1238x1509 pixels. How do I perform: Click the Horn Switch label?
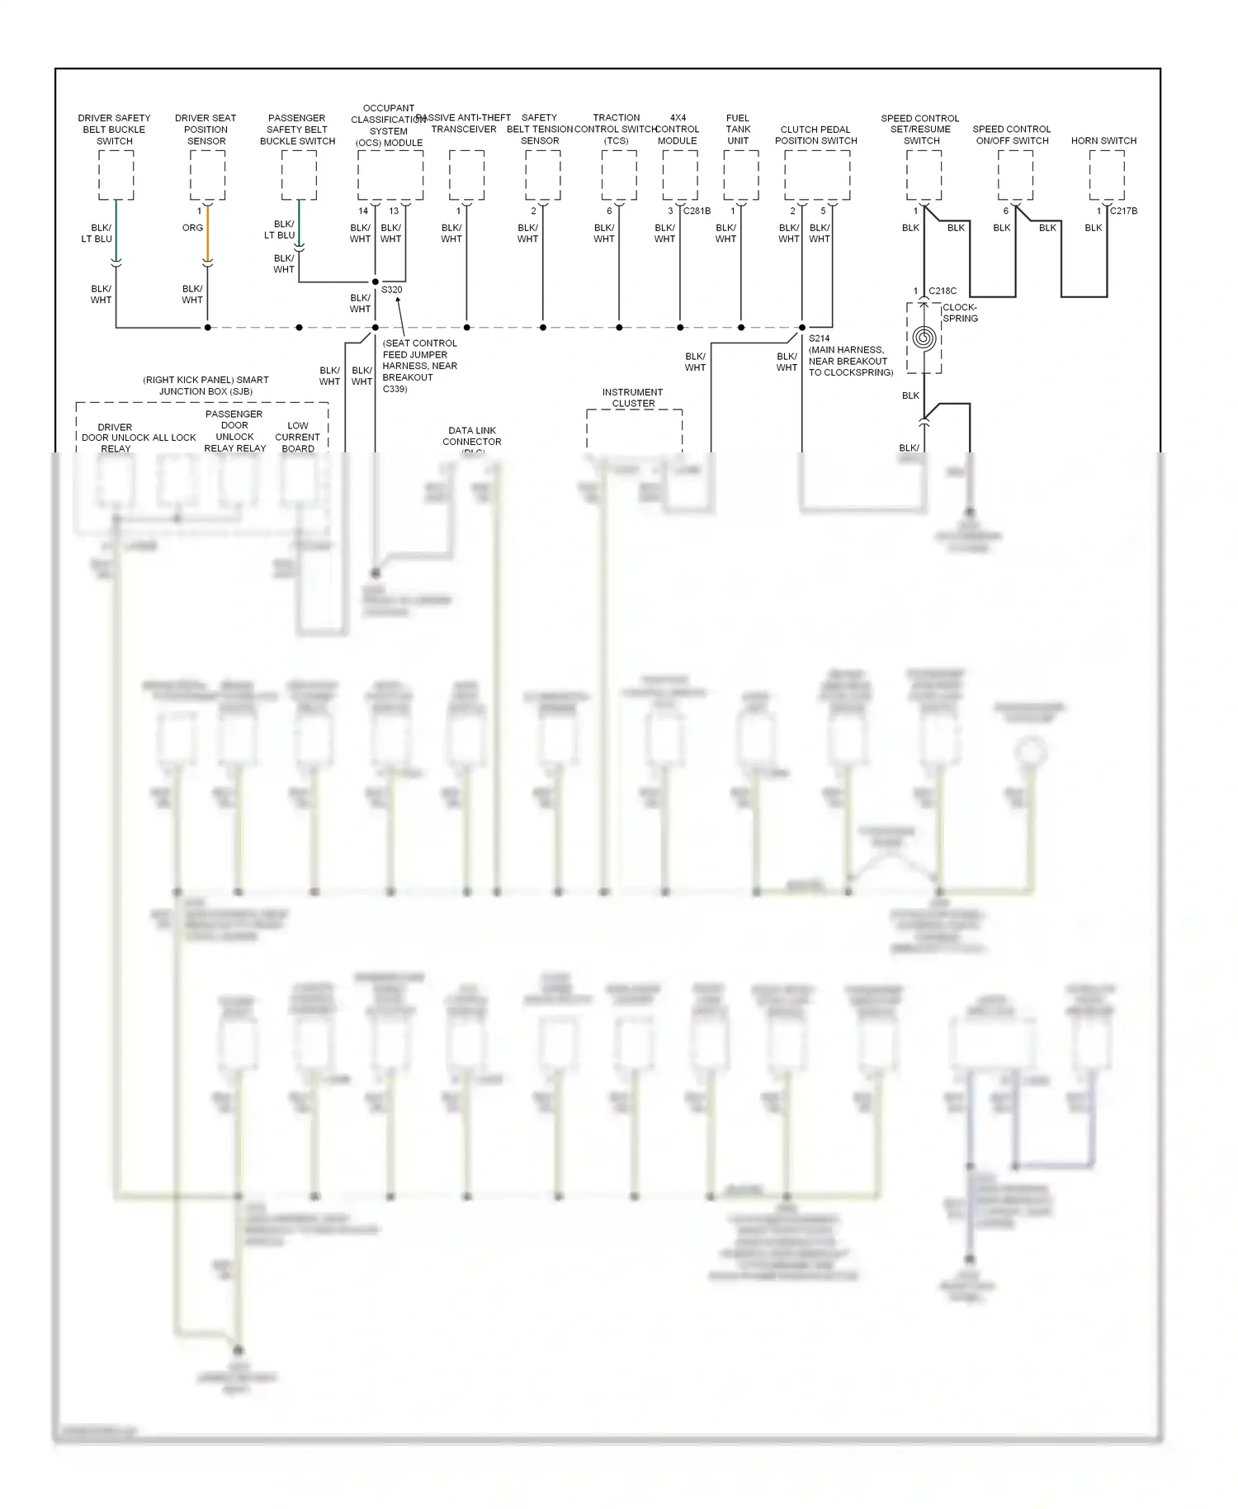tap(1103, 140)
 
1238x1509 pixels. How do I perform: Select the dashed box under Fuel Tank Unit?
tap(740, 175)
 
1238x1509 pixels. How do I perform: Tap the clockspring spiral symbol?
tap(924, 338)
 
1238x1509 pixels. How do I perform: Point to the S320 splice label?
tap(392, 290)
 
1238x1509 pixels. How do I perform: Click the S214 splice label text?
tap(819, 338)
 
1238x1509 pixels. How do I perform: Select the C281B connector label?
tap(697, 211)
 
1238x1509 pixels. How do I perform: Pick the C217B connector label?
tap(1123, 211)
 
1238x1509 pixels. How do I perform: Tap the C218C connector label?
tap(943, 291)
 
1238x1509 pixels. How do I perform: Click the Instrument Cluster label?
tap(633, 398)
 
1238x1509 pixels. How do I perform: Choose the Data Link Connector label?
tap(472, 436)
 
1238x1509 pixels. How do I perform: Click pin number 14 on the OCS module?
tap(363, 211)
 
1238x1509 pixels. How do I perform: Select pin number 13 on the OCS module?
tap(394, 211)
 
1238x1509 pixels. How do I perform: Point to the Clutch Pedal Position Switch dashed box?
tap(816, 175)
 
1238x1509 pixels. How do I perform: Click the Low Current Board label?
tap(298, 438)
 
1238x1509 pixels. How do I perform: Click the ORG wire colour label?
tap(192, 228)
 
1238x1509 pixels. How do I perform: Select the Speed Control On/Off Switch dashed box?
tap(1014, 175)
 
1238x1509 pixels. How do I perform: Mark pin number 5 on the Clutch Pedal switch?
tap(823, 211)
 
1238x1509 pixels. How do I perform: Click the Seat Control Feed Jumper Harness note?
tap(419, 366)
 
